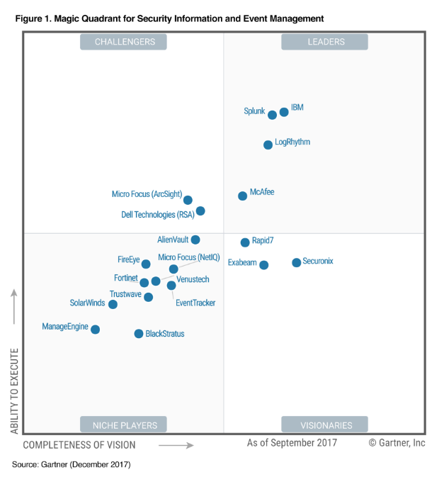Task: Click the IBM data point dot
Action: [284, 112]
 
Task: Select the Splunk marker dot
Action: [272, 115]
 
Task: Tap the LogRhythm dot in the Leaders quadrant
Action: [268, 145]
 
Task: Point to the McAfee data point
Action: [243, 195]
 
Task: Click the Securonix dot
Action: [296, 262]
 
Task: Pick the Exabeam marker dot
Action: [264, 265]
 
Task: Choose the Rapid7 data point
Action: [245, 242]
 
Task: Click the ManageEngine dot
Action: [96, 330]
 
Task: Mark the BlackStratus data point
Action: [139, 333]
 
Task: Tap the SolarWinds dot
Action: [113, 304]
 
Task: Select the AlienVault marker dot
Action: [195, 240]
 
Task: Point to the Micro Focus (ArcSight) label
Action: [147, 194]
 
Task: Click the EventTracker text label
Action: [195, 303]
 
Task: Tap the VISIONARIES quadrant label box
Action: [324, 425]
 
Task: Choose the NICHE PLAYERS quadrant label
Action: [124, 425]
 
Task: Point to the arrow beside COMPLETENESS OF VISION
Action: [176, 445]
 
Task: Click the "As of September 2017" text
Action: [292, 443]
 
